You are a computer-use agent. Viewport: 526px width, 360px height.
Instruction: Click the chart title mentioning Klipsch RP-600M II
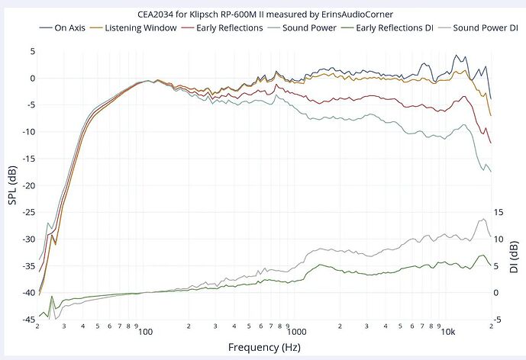point(263,14)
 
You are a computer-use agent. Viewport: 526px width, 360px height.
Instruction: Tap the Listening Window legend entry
point(150,27)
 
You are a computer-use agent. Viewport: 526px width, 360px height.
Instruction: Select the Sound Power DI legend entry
point(481,27)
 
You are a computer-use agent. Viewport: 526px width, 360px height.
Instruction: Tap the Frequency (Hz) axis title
point(263,347)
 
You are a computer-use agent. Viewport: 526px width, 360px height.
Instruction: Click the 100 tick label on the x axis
point(146,332)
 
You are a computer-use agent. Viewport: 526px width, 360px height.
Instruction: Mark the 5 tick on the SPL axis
point(31,51)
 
